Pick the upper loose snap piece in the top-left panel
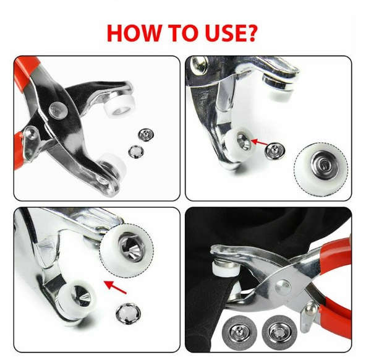(146, 134)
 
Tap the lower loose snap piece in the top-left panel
(135, 150)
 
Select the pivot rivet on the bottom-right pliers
(284, 285)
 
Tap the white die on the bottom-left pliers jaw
(73, 296)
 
